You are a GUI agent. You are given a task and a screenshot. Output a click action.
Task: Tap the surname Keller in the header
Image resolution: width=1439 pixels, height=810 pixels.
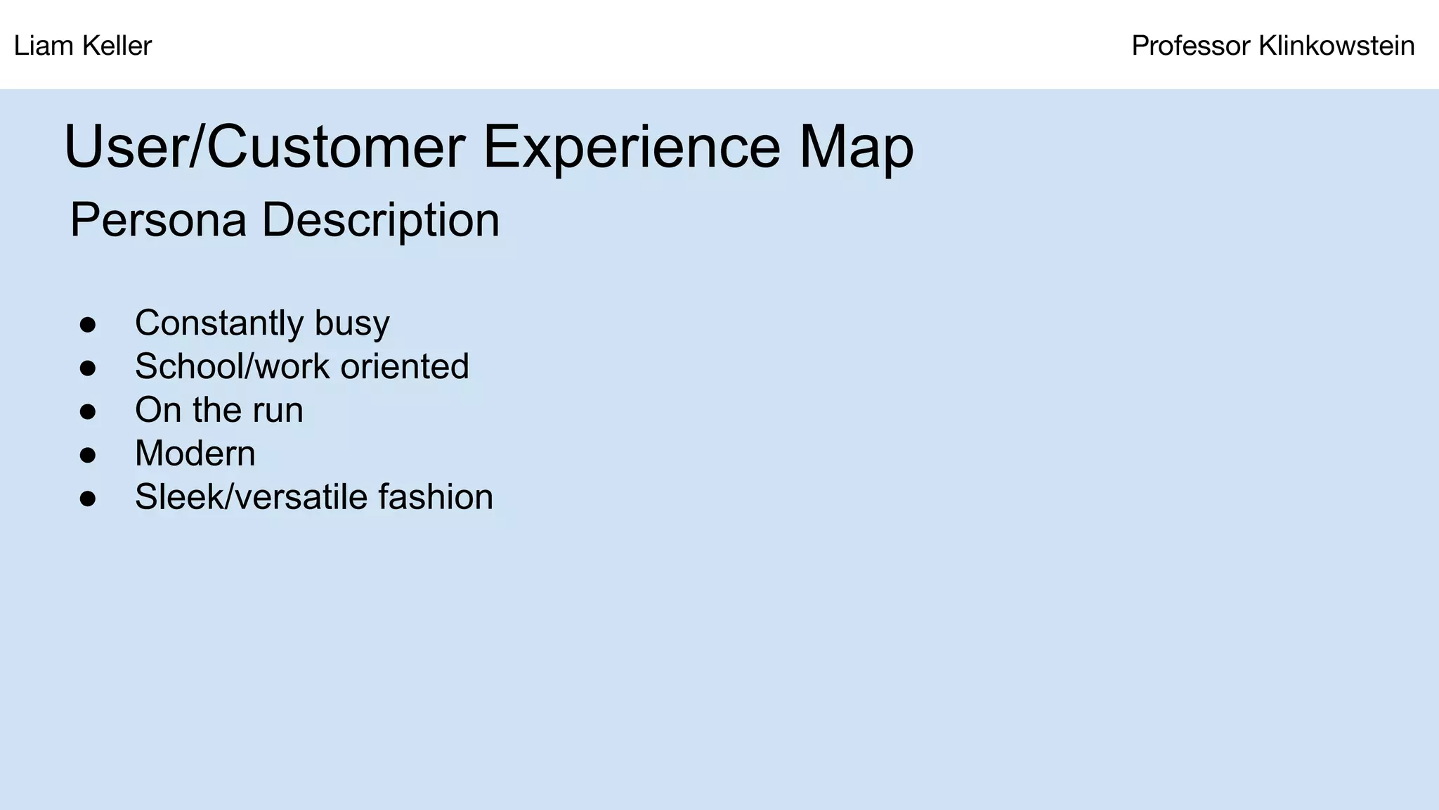tap(117, 46)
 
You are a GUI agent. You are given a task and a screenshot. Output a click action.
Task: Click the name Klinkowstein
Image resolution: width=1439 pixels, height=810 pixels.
tap(1336, 46)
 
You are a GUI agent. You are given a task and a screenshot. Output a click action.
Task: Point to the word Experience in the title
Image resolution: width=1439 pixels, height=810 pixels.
tap(631, 147)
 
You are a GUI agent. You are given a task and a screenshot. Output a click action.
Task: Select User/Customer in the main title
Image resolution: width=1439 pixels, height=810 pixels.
tap(264, 147)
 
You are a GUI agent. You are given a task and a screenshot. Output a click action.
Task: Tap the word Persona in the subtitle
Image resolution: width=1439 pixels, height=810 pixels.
tap(158, 221)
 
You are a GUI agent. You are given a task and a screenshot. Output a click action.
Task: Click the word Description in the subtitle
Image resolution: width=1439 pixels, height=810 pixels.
tap(380, 221)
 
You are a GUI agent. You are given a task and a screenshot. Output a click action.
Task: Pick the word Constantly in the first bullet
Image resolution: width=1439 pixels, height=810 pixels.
tap(219, 323)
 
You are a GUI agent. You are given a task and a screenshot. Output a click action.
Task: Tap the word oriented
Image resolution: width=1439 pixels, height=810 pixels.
tap(405, 366)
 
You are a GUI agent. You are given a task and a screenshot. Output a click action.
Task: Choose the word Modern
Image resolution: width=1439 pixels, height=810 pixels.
tap(195, 454)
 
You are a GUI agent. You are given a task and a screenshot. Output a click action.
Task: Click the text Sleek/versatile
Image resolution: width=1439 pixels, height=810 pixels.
tap(251, 497)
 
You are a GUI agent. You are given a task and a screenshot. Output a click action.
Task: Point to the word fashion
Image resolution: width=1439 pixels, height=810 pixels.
tap(436, 497)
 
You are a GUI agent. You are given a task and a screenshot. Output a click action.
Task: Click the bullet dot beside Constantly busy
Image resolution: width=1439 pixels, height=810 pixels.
tap(88, 325)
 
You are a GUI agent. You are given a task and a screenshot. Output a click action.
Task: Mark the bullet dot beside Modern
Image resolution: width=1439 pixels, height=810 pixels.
tap(88, 455)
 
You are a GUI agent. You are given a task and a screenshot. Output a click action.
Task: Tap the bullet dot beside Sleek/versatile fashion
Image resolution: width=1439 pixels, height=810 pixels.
tap(88, 499)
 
